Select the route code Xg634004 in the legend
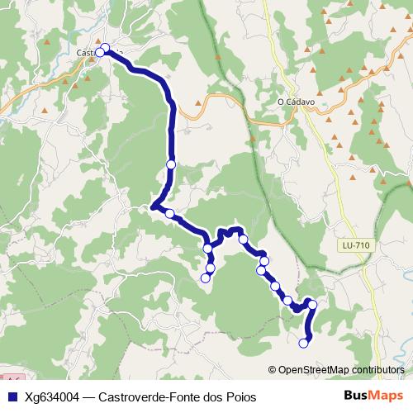pyautogui.click(x=53, y=397)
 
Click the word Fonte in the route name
pyautogui.click(x=185, y=397)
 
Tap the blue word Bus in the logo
pyautogui.click(x=357, y=396)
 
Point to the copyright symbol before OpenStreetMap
pyautogui.click(x=273, y=370)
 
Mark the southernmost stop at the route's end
pyautogui.click(x=304, y=343)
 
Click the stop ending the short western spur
pyautogui.click(x=206, y=278)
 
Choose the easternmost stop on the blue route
pyautogui.click(x=312, y=306)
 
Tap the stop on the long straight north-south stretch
pyautogui.click(x=171, y=164)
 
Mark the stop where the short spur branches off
pyautogui.click(x=208, y=248)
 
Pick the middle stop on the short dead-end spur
pyautogui.click(x=211, y=267)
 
